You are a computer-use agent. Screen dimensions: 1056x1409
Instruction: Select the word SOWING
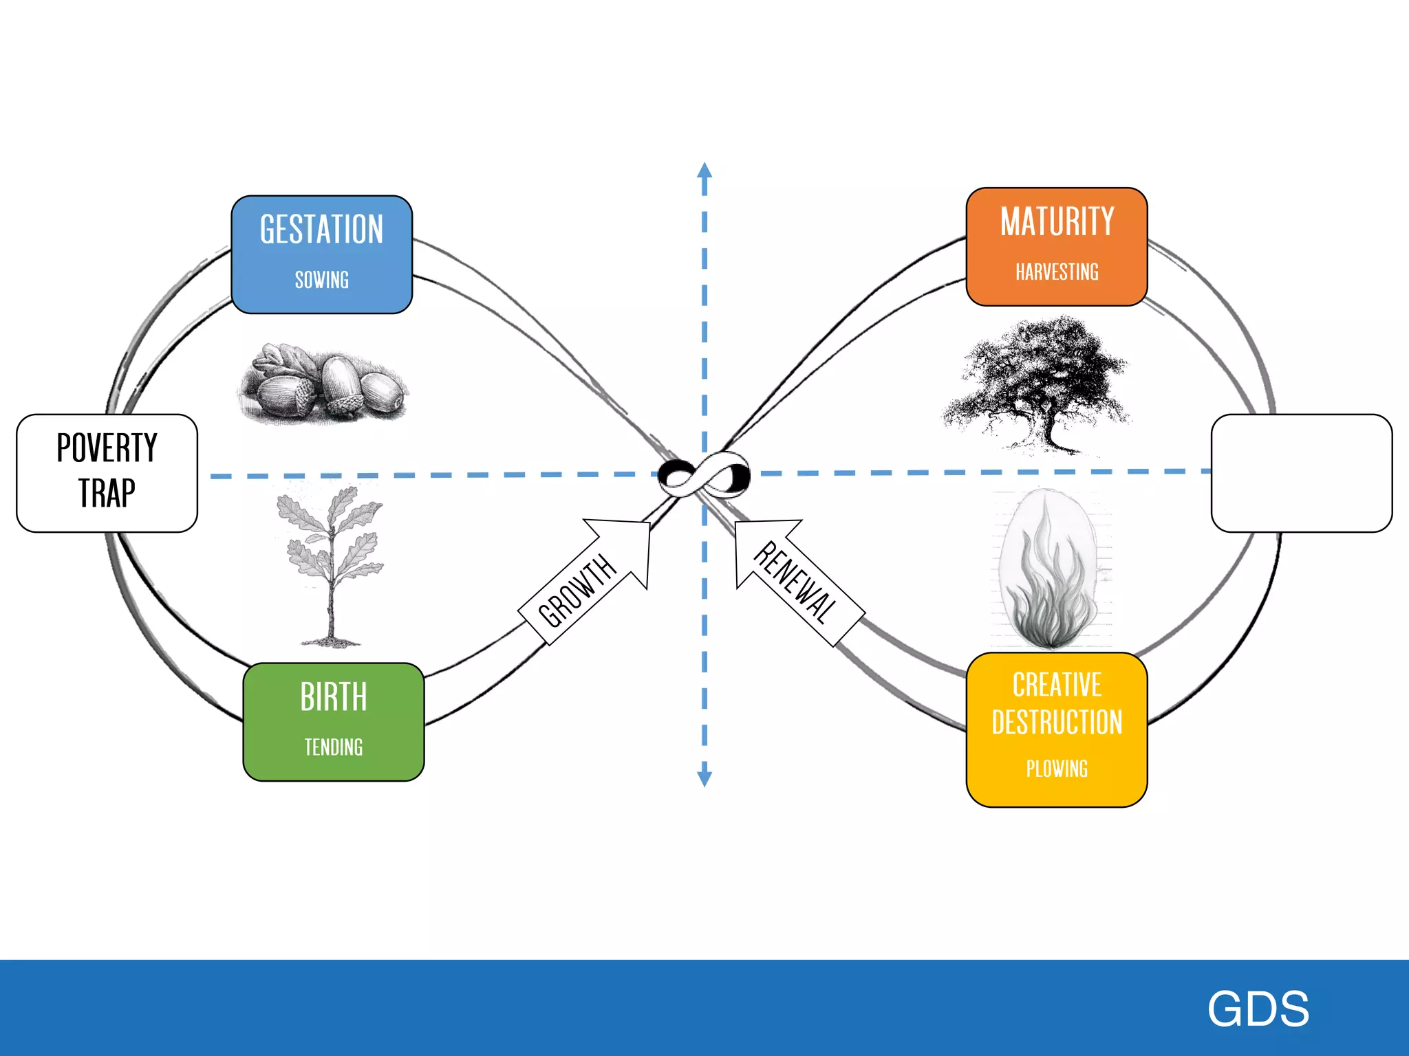321,280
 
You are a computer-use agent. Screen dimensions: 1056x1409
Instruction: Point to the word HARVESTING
1057,272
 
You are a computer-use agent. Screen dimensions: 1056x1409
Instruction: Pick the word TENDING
334,747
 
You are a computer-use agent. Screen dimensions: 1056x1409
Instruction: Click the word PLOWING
1057,769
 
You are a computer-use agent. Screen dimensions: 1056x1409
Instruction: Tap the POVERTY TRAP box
107,472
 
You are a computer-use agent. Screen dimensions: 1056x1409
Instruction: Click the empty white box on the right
1301,472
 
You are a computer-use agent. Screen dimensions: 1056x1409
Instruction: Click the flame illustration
1048,571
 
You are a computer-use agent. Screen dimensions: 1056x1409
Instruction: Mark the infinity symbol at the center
704,474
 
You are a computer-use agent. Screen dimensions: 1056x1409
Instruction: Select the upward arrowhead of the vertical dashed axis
704,170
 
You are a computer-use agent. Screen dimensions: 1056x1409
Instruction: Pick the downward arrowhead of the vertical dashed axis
704,777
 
